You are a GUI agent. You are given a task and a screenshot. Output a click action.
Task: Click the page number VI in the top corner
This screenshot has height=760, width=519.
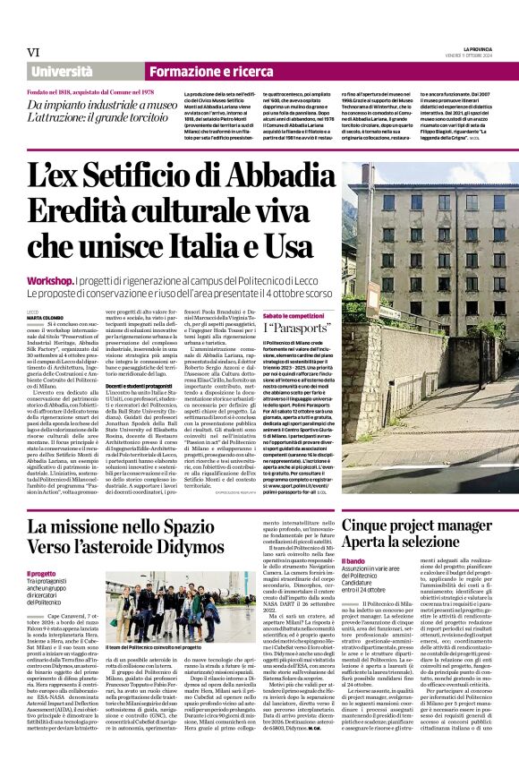point(33,52)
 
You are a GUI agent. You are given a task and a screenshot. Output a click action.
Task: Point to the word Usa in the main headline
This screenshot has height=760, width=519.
point(296,244)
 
